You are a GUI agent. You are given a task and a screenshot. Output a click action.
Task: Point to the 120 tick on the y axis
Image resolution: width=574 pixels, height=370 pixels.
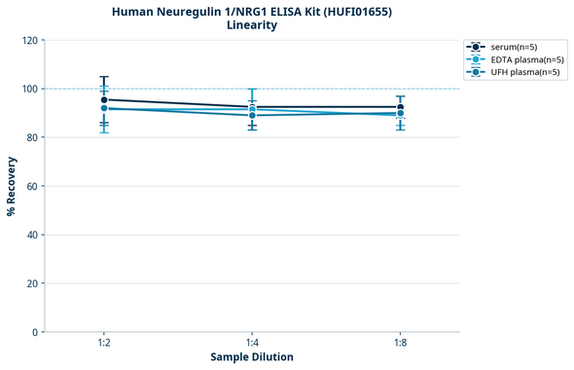tap(30, 40)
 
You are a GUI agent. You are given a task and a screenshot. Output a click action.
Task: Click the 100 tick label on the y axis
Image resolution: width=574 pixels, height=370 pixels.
tap(30, 89)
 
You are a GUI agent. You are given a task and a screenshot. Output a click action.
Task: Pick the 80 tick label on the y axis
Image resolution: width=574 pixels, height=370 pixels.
tap(33, 137)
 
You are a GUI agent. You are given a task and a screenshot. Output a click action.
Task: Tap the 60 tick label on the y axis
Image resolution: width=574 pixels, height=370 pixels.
tap(33, 186)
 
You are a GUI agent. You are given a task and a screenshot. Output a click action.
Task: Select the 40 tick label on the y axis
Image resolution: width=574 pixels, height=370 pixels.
tap(33, 235)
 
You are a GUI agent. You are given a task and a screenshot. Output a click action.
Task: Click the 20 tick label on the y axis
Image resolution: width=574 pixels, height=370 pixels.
tap(33, 283)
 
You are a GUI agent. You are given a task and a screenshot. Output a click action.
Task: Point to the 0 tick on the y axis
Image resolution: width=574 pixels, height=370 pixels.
tap(36, 332)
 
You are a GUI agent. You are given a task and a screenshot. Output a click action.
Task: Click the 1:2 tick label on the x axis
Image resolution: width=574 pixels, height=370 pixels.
tap(103, 343)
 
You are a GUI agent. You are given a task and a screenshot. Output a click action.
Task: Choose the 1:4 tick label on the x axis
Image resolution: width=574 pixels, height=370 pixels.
tap(252, 343)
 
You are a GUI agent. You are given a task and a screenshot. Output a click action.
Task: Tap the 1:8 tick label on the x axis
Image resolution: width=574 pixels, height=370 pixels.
tap(401, 343)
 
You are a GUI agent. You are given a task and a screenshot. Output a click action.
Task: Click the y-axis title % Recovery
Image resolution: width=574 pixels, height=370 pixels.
tap(12, 186)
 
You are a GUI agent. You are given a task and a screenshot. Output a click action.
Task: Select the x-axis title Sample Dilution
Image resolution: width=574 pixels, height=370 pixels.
tap(252, 357)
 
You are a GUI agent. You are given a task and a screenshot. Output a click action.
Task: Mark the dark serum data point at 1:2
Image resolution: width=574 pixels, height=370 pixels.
tap(103, 99)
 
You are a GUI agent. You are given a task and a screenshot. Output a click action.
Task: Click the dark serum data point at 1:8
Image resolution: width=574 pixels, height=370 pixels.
tap(401, 107)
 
